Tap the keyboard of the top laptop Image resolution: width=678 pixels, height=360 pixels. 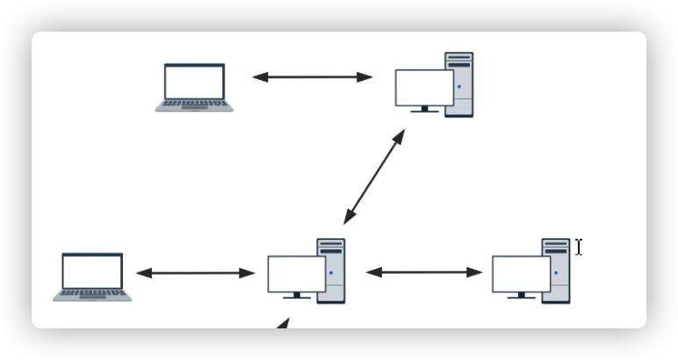195,105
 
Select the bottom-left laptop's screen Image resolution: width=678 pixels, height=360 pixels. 92,272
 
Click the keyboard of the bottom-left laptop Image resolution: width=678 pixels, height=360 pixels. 92,296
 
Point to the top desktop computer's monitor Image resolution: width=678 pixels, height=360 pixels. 424,87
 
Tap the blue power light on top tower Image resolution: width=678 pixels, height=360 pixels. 459,87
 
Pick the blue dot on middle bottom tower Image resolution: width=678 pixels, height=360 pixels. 331,273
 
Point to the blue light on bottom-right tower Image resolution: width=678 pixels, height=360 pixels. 556,273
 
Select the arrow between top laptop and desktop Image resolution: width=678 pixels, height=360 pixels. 313,77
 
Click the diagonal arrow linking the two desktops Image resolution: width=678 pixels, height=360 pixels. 374,176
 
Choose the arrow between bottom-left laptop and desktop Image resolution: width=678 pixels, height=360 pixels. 195,273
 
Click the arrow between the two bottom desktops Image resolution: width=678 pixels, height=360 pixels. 424,272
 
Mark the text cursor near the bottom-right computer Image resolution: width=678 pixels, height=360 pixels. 579,248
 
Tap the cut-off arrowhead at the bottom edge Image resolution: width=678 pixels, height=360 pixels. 281,325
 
